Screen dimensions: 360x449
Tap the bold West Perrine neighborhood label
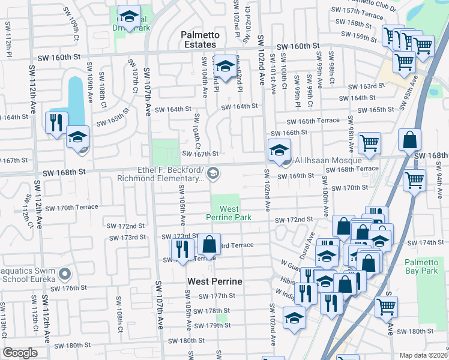214,281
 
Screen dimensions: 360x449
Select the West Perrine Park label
225,212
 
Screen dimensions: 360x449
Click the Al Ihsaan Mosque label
327,160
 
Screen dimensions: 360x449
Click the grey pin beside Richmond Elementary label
212,173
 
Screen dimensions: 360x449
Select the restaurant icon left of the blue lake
56,123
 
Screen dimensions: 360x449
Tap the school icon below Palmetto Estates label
225,67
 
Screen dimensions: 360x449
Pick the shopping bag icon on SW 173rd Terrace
209,244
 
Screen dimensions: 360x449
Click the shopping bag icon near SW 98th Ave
409,140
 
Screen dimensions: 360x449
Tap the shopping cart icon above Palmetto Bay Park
415,179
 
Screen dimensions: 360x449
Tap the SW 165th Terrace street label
318,121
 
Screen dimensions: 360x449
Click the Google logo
20,353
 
